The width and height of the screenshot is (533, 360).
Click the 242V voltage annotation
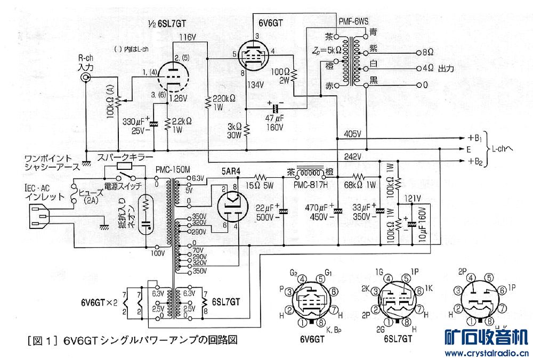(x=353, y=156)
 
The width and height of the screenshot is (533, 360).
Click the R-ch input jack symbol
(x=84, y=78)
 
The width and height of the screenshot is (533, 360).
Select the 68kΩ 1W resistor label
(x=359, y=186)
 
